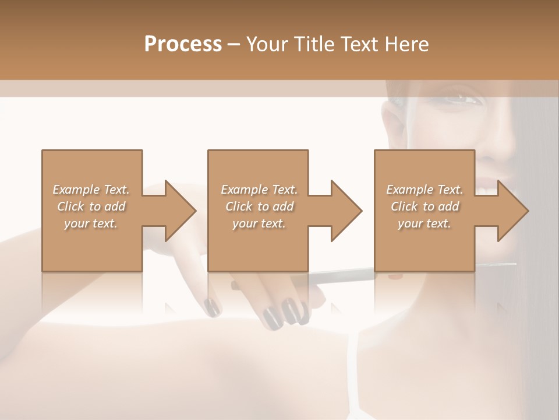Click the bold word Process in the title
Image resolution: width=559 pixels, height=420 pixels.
coord(183,44)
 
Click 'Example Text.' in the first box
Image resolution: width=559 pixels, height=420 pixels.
coord(91,190)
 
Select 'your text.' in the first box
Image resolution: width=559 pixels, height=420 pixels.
coord(91,223)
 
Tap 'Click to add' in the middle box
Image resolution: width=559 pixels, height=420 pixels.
coord(259,206)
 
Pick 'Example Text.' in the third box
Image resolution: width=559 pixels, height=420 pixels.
coord(424,190)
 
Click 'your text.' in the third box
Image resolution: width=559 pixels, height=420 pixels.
coord(424,223)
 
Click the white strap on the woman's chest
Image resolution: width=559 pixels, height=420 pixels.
coord(351,373)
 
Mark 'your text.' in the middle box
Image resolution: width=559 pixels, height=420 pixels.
coord(259,223)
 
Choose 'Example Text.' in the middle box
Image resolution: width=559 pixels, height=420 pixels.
coord(259,190)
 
